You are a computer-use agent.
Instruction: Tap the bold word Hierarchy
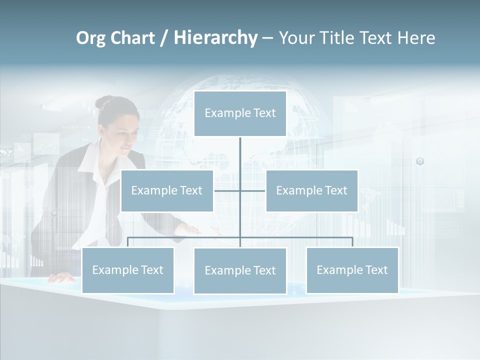click(215, 38)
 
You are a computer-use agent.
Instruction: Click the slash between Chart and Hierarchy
click(164, 38)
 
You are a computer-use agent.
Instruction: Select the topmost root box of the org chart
click(240, 113)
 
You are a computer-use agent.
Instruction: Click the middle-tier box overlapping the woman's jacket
click(167, 190)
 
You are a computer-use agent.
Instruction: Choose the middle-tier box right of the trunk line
click(311, 190)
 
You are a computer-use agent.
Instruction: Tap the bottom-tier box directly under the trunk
click(240, 270)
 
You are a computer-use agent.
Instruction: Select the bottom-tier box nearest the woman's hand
click(128, 270)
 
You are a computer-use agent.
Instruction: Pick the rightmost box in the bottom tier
click(352, 270)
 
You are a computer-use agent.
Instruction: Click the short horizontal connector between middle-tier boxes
click(240, 190)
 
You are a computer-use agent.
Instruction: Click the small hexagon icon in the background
click(420, 161)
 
